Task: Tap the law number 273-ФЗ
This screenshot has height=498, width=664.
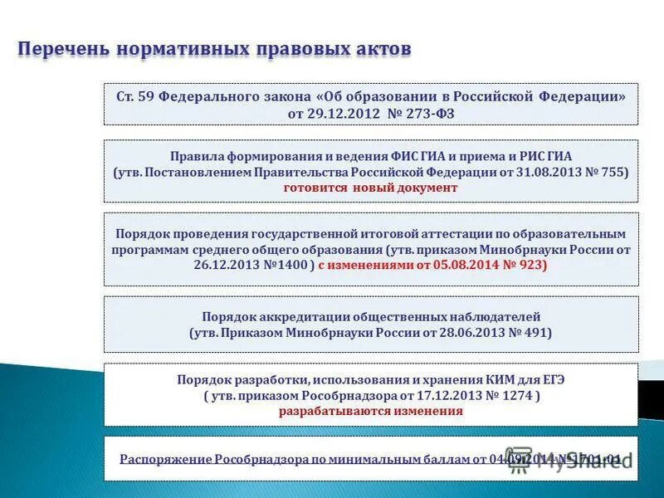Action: pyautogui.click(x=429, y=113)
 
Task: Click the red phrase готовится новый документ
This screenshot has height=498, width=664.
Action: pyautogui.click(x=370, y=188)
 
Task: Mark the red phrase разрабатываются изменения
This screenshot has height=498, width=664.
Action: pyautogui.click(x=370, y=411)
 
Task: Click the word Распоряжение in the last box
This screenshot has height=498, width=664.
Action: pyautogui.click(x=165, y=459)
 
